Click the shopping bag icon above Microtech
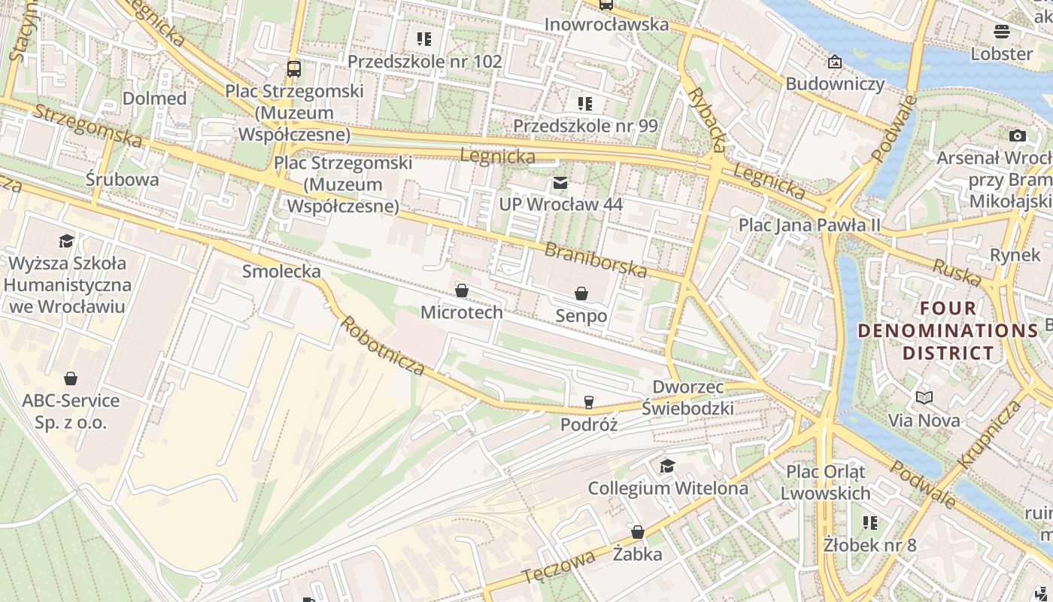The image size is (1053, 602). click(x=462, y=290)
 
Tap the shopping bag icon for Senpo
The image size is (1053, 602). click(x=581, y=293)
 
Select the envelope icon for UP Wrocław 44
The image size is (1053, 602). click(x=560, y=183)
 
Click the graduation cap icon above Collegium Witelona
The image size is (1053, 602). click(x=667, y=467)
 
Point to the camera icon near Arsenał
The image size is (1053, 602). click(x=1017, y=135)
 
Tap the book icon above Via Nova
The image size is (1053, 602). click(x=924, y=397)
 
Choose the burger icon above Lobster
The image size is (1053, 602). click(x=1001, y=32)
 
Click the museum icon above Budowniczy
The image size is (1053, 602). click(x=834, y=62)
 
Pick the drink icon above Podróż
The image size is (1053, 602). click(x=588, y=403)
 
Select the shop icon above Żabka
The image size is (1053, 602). click(x=638, y=532)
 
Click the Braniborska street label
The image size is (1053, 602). click(x=596, y=260)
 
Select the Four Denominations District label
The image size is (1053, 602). click(x=948, y=330)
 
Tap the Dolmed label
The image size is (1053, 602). click(x=154, y=99)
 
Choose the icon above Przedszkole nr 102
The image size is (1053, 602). click(x=424, y=38)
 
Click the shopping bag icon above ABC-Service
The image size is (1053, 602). click(x=71, y=378)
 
